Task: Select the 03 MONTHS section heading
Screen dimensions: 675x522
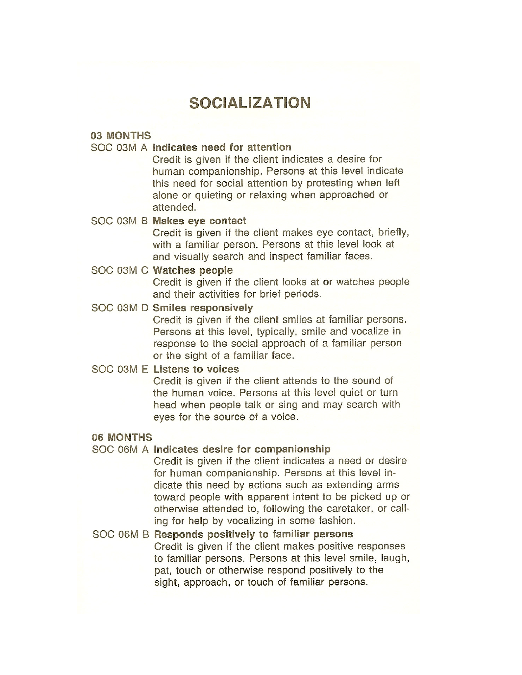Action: click(121, 136)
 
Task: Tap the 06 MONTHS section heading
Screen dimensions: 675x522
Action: click(122, 437)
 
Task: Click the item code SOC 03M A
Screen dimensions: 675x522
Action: click(119, 148)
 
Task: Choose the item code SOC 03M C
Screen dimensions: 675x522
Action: click(120, 270)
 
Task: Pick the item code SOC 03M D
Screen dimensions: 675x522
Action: click(120, 308)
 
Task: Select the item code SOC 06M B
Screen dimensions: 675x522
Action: click(121, 534)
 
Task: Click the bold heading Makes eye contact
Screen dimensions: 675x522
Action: click(199, 221)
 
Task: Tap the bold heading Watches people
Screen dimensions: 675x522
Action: click(193, 270)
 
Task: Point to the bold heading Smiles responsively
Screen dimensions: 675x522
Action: click(203, 308)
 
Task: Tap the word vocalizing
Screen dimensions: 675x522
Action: click(250, 521)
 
